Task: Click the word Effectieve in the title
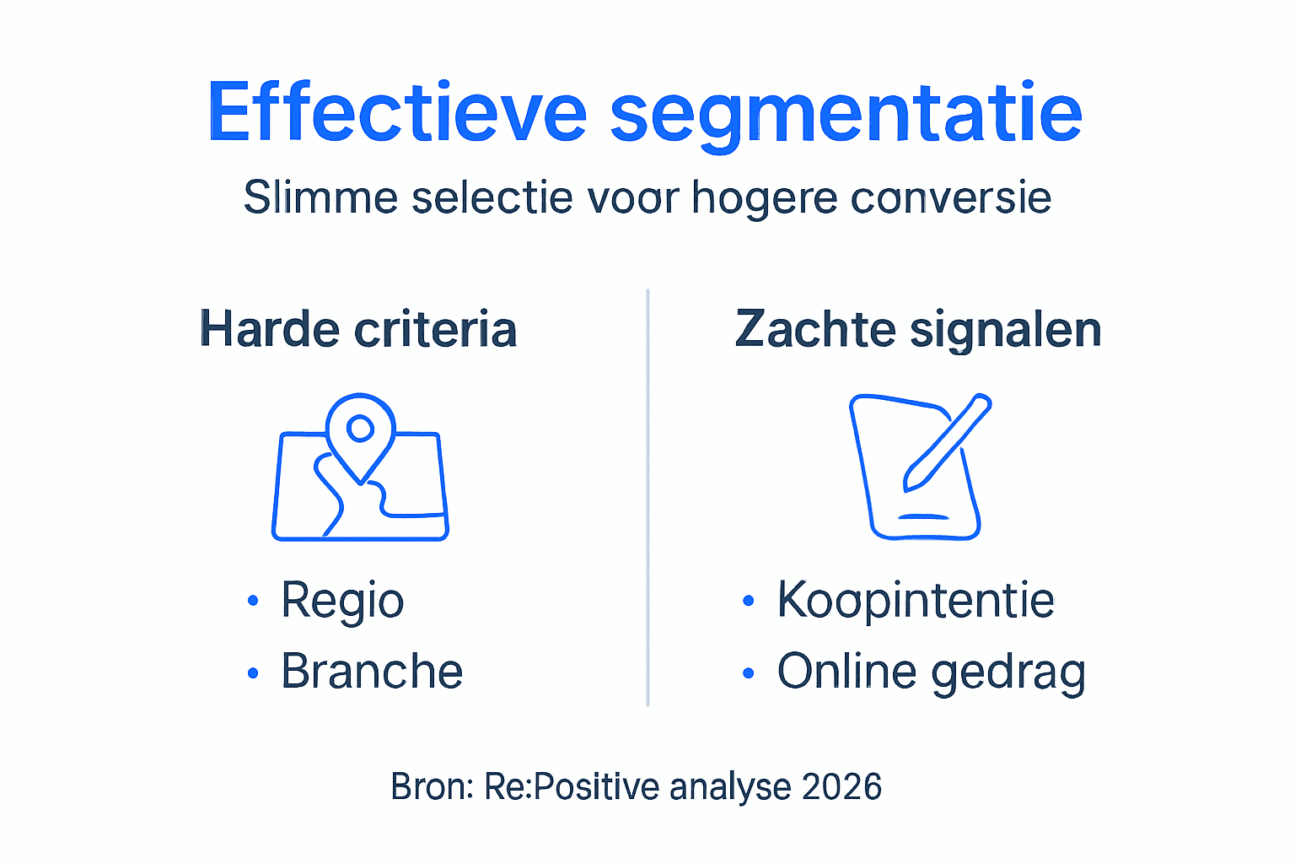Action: (396, 112)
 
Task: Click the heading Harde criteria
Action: (358, 329)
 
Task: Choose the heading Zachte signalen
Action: (918, 329)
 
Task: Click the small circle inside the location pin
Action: (361, 429)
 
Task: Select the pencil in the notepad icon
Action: (946, 442)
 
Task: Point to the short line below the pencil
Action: (924, 516)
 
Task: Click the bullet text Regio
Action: (342, 602)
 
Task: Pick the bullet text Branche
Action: (372, 672)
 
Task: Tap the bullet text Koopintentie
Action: (916, 602)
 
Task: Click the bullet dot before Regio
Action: (252, 602)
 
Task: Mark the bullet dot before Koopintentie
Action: (748, 602)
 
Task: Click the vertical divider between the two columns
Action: (647, 498)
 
